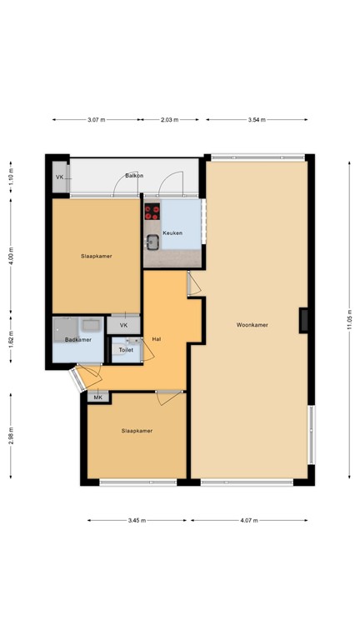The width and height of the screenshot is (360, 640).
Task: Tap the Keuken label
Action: coord(172,232)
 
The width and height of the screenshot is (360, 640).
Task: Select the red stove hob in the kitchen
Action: coord(152,212)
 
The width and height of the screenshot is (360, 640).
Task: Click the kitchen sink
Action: coord(154,243)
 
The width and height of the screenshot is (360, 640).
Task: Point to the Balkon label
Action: coord(134,176)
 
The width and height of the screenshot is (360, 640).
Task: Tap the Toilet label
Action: coord(126,350)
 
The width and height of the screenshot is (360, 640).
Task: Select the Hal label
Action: coord(156,339)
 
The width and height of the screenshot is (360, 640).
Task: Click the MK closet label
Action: coord(97,397)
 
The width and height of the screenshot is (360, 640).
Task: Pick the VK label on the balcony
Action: coord(60,177)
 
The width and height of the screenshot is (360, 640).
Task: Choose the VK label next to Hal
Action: coord(123,325)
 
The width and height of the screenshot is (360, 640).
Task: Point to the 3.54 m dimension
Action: coord(256,120)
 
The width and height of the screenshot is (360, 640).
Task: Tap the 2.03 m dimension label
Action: coord(169,120)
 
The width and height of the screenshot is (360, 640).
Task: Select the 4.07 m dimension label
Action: coord(249,520)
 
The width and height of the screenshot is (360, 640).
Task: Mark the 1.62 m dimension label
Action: coord(11,342)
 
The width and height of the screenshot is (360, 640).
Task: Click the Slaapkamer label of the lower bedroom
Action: coord(137,431)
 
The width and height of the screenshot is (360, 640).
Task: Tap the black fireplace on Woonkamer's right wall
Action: coord(304,320)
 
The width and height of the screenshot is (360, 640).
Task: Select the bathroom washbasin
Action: coord(90,324)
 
